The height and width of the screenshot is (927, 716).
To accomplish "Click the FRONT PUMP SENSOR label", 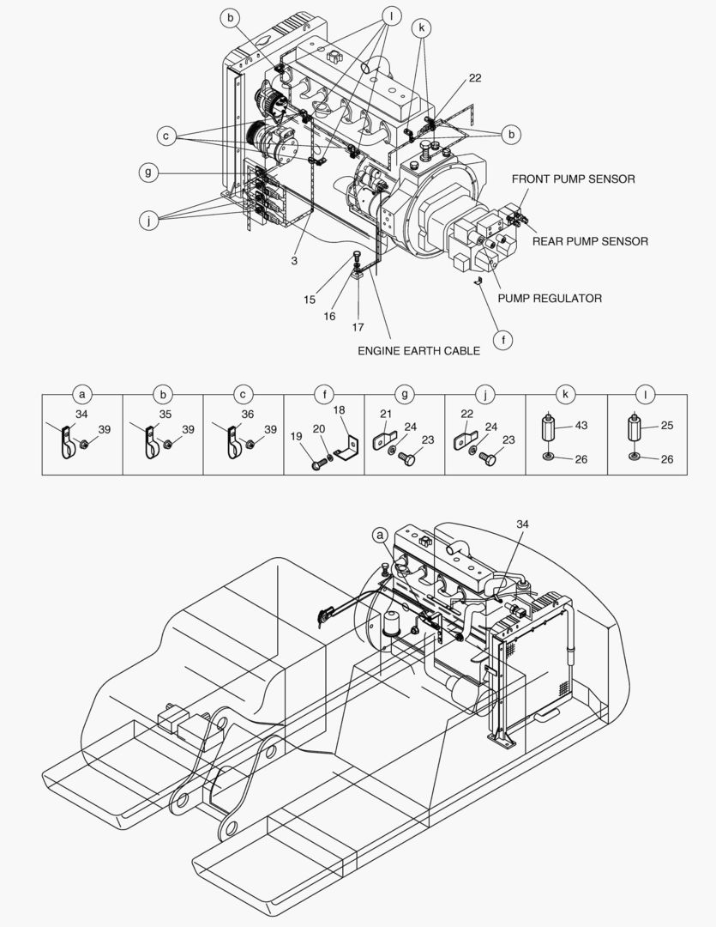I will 573,179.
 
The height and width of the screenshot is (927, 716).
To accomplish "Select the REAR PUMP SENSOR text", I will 590,241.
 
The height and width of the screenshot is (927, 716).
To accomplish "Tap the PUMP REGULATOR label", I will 550,299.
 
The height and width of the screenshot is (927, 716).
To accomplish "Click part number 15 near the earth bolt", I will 310,300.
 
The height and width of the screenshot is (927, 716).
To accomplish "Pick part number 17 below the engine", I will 358,327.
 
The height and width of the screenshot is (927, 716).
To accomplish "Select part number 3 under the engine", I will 294,260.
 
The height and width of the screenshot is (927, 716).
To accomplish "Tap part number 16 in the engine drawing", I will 329,316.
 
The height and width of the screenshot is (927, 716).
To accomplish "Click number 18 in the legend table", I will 339,412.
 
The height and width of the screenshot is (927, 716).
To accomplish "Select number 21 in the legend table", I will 385,414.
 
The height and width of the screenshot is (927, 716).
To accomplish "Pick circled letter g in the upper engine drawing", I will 148,173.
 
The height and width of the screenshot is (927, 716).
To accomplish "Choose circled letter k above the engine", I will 421,27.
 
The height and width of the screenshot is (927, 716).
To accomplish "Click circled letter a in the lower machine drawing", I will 381,535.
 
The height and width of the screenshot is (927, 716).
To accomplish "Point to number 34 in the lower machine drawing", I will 523,524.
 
